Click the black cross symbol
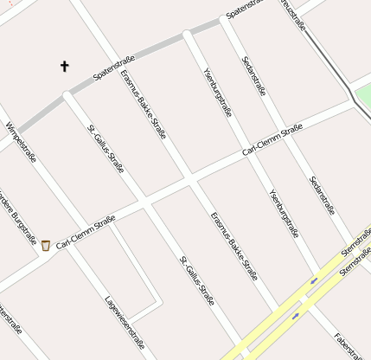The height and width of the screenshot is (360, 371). (x=64, y=66)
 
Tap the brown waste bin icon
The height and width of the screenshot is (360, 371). (x=45, y=246)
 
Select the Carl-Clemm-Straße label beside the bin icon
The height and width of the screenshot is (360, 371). (x=86, y=233)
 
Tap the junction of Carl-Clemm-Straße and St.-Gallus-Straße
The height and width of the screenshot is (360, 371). (x=144, y=204)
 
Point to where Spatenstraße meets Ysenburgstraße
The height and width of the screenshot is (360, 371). (x=188, y=35)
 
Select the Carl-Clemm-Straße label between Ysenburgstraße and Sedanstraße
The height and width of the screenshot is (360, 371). (x=272, y=139)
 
